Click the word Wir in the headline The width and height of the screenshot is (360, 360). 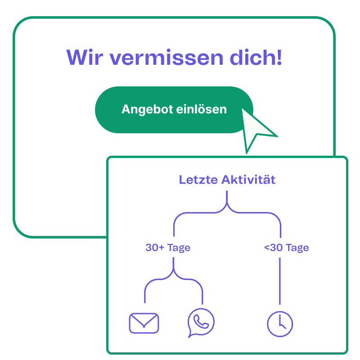(x=85, y=57)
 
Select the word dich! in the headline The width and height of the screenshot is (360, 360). (x=256, y=57)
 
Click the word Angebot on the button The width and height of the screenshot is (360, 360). (x=147, y=109)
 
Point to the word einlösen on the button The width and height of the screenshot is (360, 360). (x=201, y=109)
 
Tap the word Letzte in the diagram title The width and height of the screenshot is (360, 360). (x=198, y=180)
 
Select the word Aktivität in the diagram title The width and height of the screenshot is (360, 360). (x=248, y=180)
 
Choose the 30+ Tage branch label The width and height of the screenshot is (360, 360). (x=168, y=248)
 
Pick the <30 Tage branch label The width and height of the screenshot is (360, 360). (x=286, y=248)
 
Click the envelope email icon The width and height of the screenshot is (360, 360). (x=144, y=323)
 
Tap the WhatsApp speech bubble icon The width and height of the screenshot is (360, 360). (x=201, y=323)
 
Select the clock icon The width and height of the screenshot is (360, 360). (x=280, y=324)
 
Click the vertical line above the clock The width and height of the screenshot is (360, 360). (x=279, y=281)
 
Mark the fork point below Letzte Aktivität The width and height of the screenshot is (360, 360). (x=227, y=203)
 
